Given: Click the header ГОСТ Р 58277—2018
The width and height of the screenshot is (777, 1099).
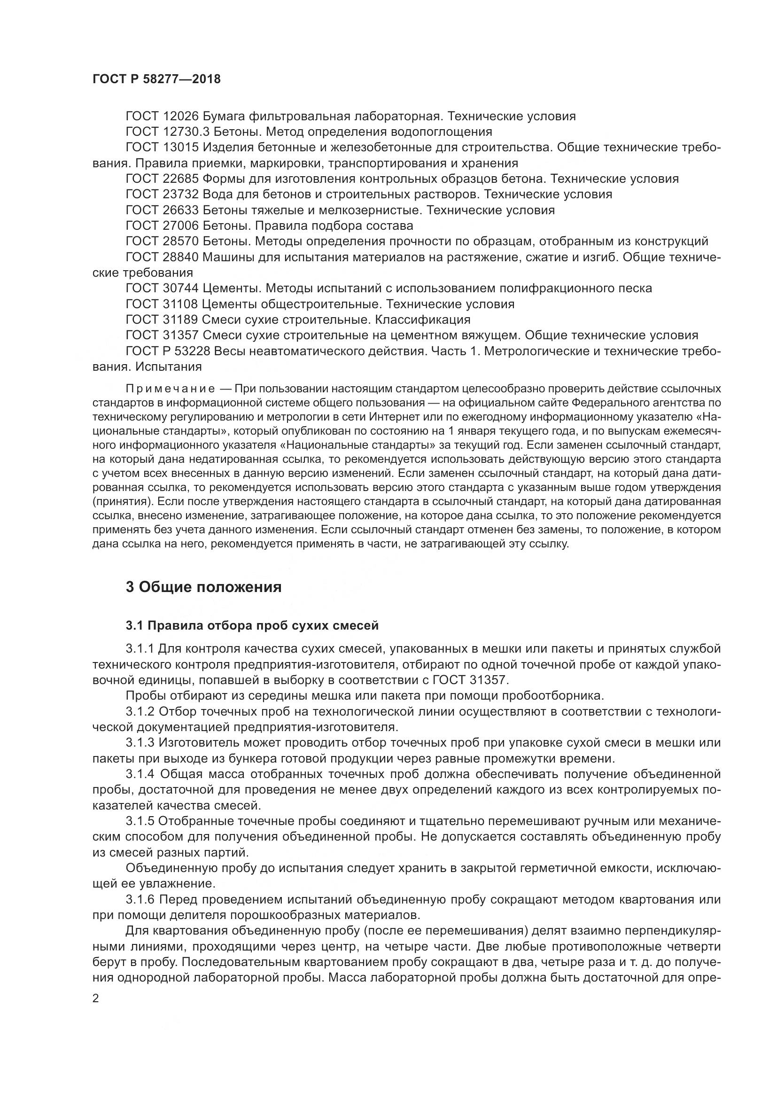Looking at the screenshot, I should pos(156,79).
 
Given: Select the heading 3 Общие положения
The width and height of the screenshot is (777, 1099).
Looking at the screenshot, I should pos(203,587).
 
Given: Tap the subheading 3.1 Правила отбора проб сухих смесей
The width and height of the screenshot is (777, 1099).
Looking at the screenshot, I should pos(252,625).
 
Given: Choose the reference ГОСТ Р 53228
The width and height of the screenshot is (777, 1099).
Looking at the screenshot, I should pos(168,351).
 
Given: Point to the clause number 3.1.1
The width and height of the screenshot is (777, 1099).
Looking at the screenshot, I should pos(140,649).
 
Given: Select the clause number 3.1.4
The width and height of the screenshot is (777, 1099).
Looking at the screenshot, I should pos(140,774).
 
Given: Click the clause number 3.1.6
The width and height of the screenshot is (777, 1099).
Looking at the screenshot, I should pos(140,900).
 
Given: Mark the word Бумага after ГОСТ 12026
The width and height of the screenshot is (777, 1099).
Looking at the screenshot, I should pos(224,117).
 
